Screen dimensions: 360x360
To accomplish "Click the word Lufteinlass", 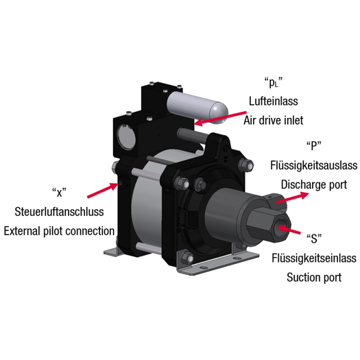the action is (x=274, y=101).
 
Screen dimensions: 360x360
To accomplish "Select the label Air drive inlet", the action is (x=273, y=120).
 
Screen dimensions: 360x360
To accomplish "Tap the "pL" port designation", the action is (x=273, y=82).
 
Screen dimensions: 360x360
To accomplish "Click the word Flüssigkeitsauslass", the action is (x=313, y=165).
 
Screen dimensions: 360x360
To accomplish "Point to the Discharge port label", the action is (x=314, y=184).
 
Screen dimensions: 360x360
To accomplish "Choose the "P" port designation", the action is (x=314, y=145).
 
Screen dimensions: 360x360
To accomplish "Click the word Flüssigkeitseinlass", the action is (x=314, y=258).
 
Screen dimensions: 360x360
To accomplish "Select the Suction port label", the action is (x=314, y=277).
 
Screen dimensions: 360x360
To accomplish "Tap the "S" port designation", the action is (x=314, y=239).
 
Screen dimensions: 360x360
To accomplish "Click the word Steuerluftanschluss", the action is (x=59, y=212).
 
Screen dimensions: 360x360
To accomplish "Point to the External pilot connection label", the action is (x=59, y=231).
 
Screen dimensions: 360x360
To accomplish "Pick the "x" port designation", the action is (x=59, y=193).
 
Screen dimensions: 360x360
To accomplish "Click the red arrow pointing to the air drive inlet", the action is (x=220, y=119).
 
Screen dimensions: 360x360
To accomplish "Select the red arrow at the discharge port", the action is (x=292, y=198).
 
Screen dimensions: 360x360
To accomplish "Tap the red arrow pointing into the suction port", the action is (x=289, y=229).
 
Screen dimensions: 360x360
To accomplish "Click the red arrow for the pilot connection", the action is (x=103, y=190).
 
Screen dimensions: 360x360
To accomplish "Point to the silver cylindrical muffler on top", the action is (x=197, y=108).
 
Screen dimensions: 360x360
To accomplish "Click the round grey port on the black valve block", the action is (x=126, y=137).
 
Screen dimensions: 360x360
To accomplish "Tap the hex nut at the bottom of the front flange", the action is (x=187, y=258).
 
